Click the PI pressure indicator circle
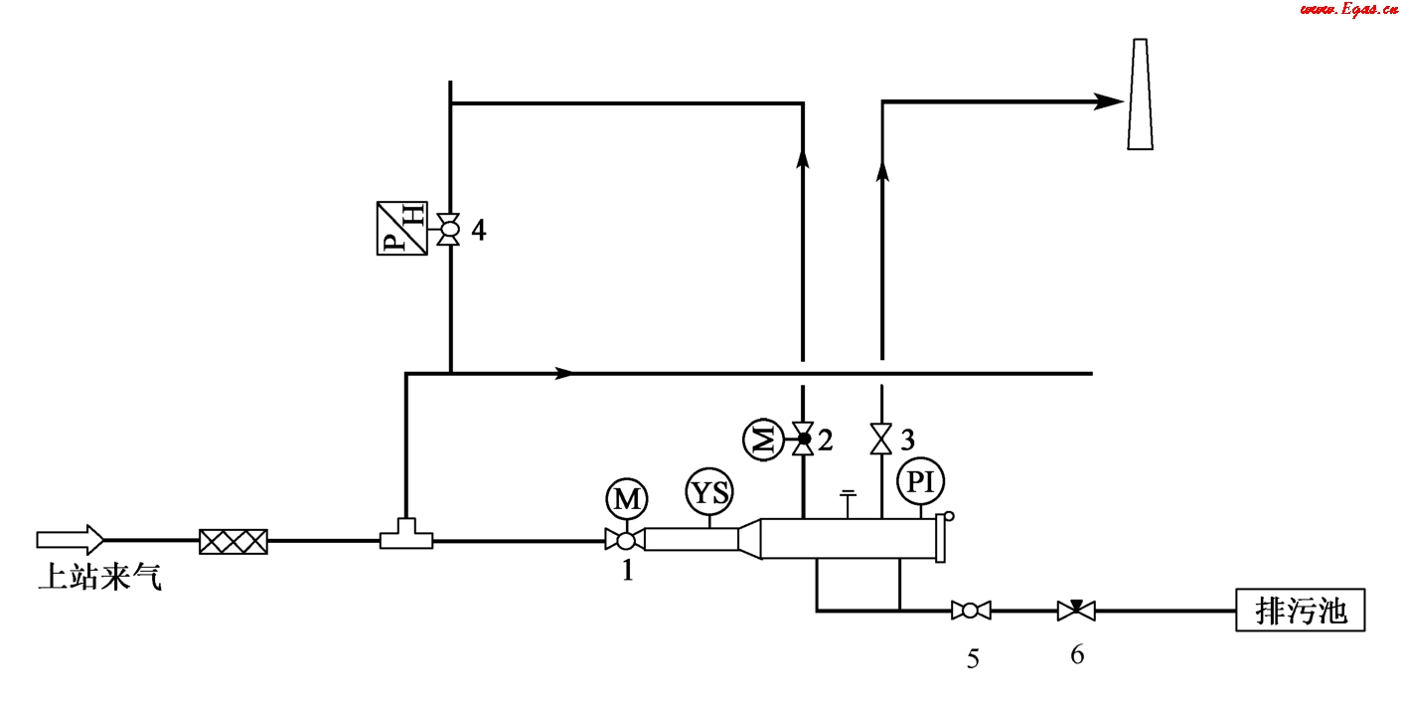tap(920, 482)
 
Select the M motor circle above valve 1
tap(626, 500)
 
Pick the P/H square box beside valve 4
tap(401, 229)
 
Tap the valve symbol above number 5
tap(971, 610)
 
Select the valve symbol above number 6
tap(1076, 610)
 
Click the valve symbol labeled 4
tap(449, 229)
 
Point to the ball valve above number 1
tap(625, 540)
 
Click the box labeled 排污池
tap(1301, 610)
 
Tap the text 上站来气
tap(99, 578)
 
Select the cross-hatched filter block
tap(234, 541)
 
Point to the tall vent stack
tap(1140, 94)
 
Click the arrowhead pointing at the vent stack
tap(1109, 100)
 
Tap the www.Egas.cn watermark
tap(1343, 10)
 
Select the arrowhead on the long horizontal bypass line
tap(563, 373)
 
